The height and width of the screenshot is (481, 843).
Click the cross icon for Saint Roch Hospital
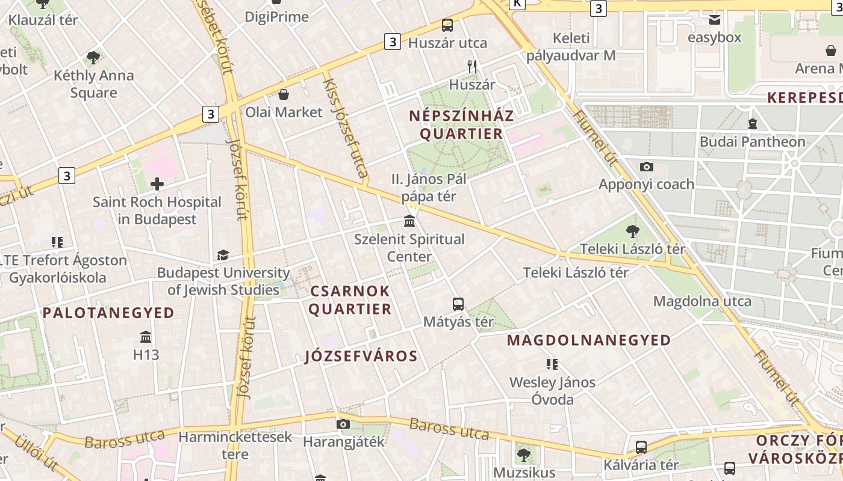[x=157, y=184]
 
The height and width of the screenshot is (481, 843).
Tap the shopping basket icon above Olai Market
[x=284, y=94]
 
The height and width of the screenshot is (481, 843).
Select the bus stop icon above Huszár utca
[x=447, y=25]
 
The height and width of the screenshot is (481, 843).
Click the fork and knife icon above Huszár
[x=472, y=67]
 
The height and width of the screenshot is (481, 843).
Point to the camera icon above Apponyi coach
[x=646, y=167]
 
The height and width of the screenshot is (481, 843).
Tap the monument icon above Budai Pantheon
[x=752, y=124]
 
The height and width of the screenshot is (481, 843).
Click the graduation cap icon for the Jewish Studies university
[x=223, y=255]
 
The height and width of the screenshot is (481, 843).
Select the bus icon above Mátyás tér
[x=458, y=304]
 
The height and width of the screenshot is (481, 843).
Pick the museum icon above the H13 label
[x=146, y=337]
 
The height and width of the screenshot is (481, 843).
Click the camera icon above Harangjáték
[x=343, y=424]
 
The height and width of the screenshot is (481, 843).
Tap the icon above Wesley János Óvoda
[x=552, y=364]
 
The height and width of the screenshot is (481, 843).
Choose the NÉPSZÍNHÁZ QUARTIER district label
[x=461, y=124]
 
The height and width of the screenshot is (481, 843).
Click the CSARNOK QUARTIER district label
[x=350, y=300]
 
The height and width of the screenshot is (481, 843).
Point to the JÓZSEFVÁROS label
[x=361, y=356]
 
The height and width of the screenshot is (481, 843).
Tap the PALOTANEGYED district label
[x=108, y=313]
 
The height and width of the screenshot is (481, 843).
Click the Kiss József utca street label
[x=346, y=126]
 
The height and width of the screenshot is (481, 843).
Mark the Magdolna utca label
[x=702, y=301]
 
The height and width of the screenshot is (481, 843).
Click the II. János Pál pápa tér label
[x=429, y=188]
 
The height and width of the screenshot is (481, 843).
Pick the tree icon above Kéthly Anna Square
[x=93, y=58]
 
